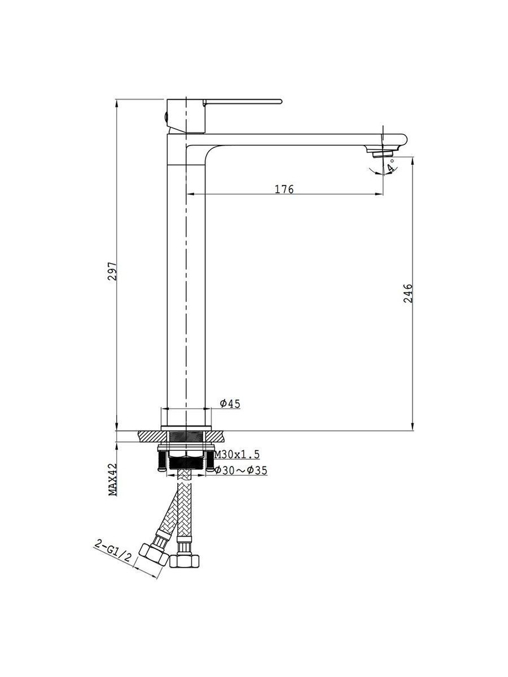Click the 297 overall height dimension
[x=112, y=271]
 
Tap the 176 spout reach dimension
[x=284, y=189]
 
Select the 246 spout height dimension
[x=408, y=293]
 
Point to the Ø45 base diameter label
[x=230, y=403]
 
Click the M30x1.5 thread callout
[x=237, y=454]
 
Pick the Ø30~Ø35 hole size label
[x=241, y=470]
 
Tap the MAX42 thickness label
[x=113, y=479]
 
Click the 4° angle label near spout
[x=391, y=166]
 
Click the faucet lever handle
[x=243, y=102]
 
